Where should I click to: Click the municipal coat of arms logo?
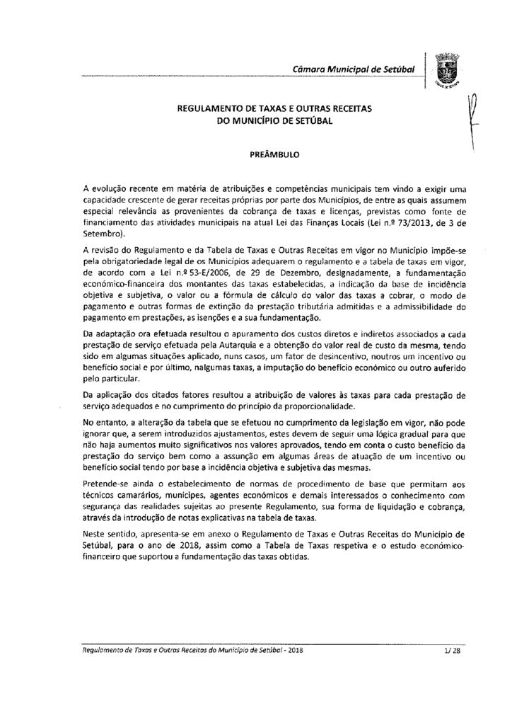point(446,71)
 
